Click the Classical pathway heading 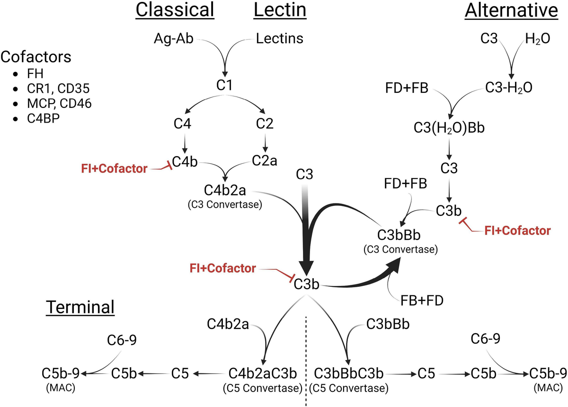(x=175, y=10)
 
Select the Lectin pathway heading (x=280, y=10)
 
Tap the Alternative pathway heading (x=511, y=10)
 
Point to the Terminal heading (x=80, y=307)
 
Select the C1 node (x=224, y=86)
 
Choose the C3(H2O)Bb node (x=450, y=129)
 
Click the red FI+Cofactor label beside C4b (x=115, y=168)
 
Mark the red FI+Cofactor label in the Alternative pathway (x=518, y=230)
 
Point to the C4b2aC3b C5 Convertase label (x=262, y=374)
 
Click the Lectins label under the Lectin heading (x=279, y=39)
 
